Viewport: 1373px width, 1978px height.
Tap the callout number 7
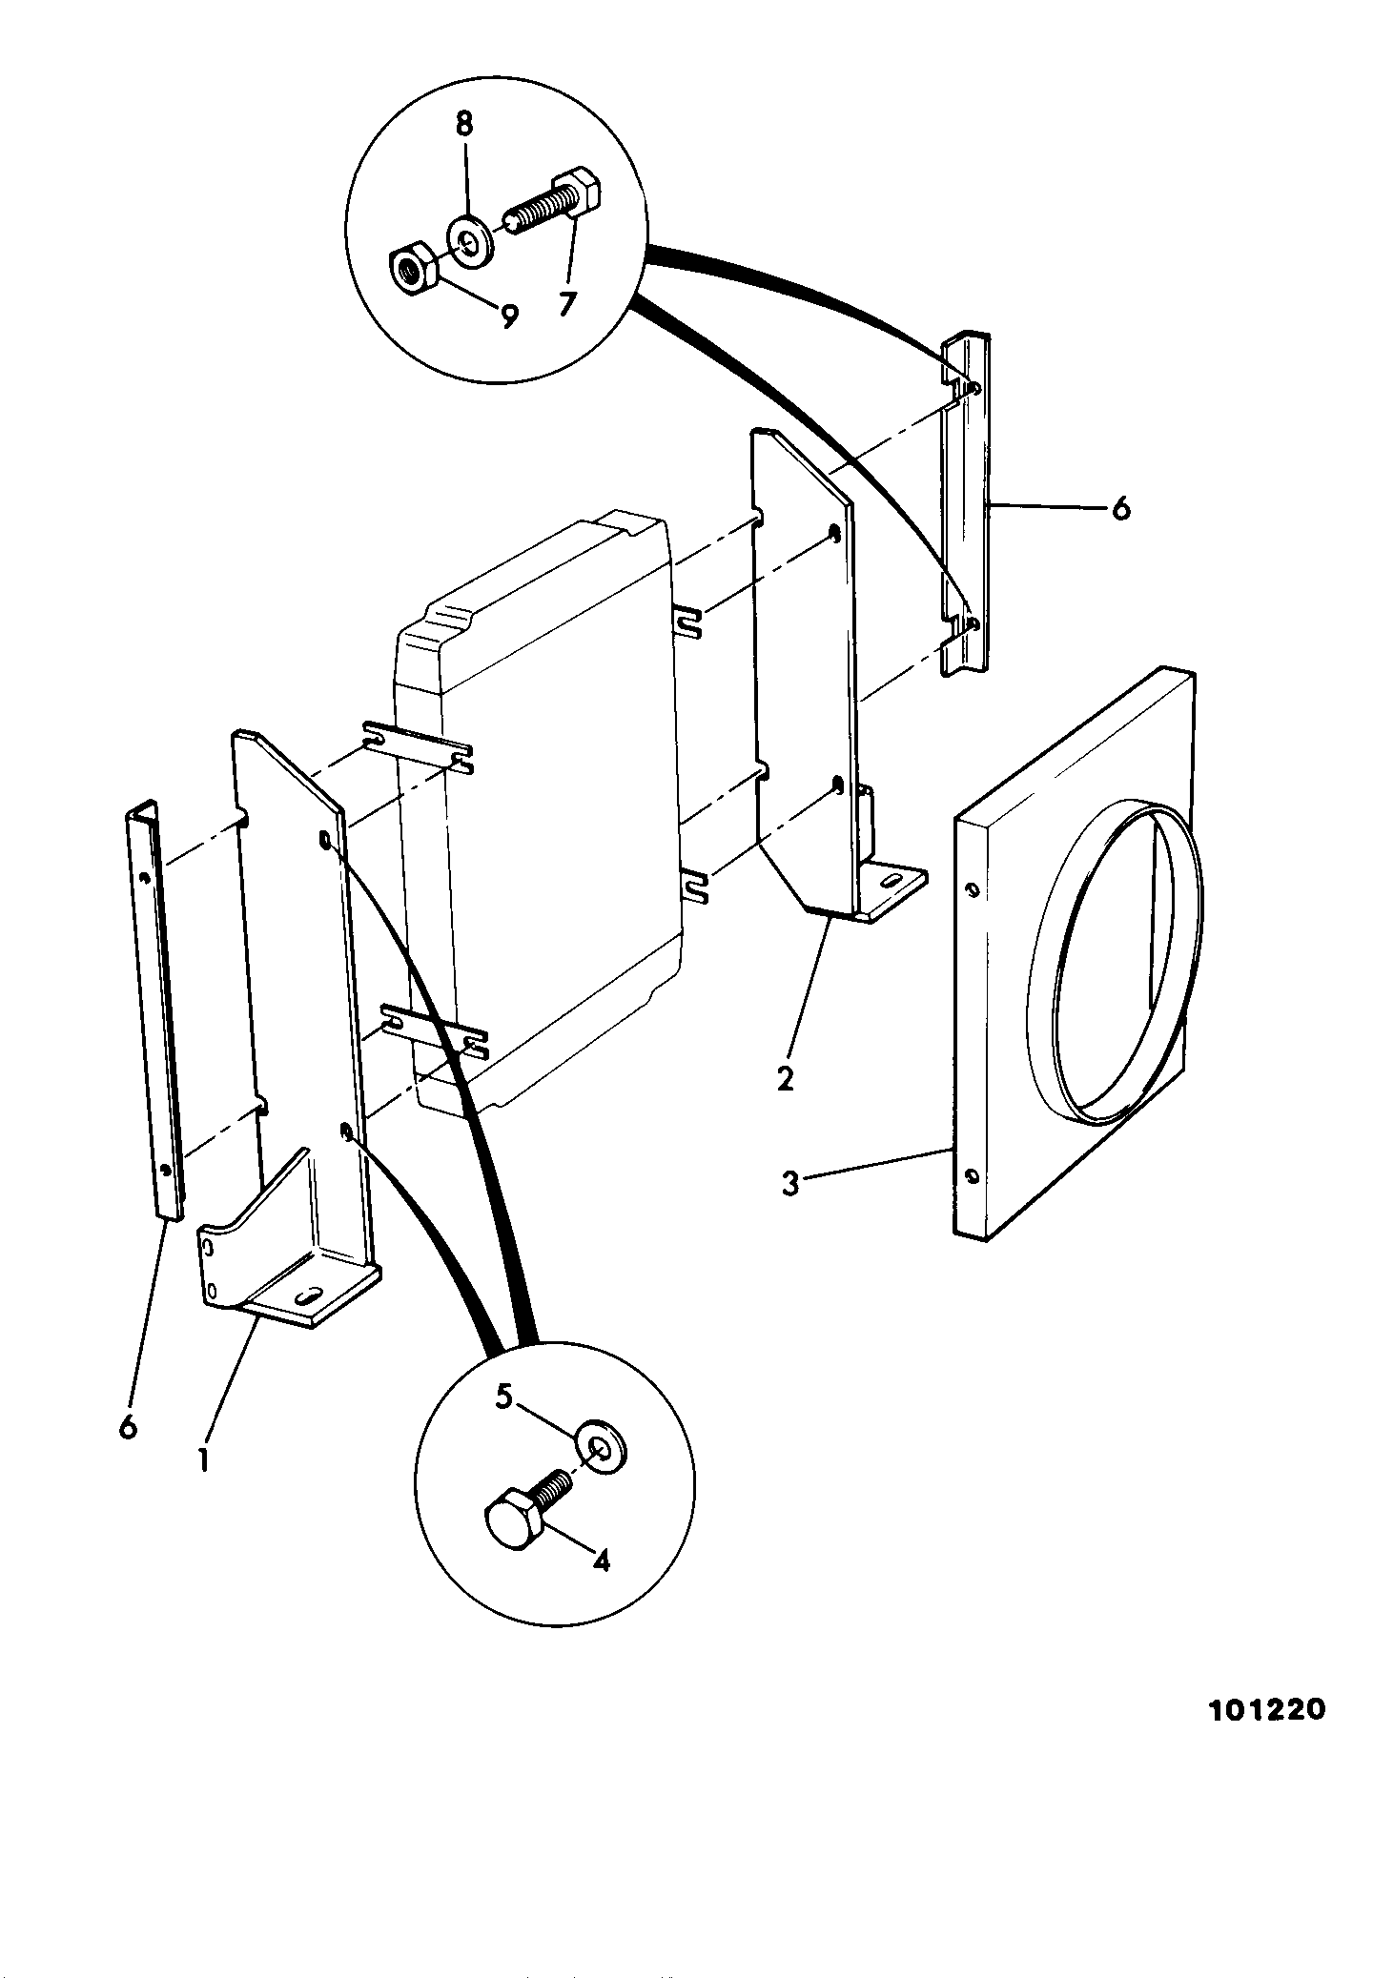coord(567,303)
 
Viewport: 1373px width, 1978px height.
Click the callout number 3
coord(790,1184)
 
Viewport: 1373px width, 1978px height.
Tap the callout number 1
coord(203,1459)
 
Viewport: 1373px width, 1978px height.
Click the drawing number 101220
coord(1267,1709)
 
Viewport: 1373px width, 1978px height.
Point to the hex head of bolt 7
coord(577,192)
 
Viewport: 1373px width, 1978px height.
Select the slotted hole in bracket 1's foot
coord(309,1297)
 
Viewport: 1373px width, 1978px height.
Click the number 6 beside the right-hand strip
coord(1120,508)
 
